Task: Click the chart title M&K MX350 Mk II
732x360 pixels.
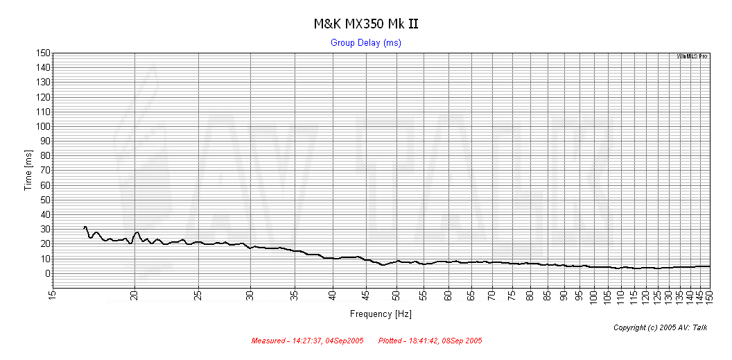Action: click(365, 24)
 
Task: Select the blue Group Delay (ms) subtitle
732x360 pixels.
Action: click(365, 43)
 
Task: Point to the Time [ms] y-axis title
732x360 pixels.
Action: click(28, 170)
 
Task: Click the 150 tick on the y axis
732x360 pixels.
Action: click(43, 53)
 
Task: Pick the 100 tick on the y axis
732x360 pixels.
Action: click(43, 126)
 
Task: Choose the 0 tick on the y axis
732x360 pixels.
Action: click(47, 273)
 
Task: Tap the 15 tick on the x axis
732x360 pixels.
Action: click(52, 296)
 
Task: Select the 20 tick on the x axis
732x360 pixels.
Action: click(134, 296)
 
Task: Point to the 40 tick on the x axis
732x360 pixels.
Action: click(333, 296)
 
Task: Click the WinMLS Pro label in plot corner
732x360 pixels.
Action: click(692, 56)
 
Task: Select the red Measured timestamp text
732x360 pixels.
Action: click(307, 341)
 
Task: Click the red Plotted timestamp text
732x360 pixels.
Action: click(430, 341)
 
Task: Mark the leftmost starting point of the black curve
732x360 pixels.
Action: click(84, 228)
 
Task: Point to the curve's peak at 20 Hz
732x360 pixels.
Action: click(137, 232)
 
